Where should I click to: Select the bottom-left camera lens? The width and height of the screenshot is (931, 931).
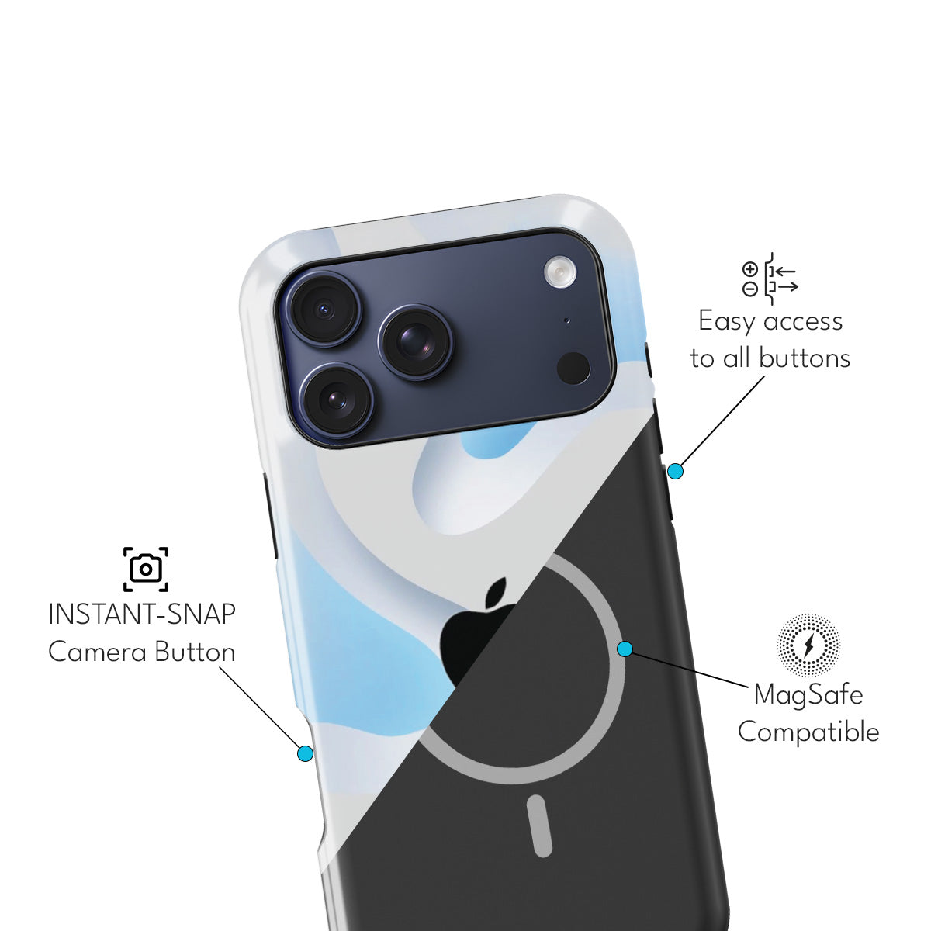pos(337,400)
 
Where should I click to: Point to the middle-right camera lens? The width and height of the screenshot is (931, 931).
pos(417,341)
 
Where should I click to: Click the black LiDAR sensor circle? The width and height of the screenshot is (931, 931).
pos(574,368)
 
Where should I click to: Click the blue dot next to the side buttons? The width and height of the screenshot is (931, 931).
pos(675,471)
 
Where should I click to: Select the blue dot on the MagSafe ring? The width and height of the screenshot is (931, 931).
pos(625,649)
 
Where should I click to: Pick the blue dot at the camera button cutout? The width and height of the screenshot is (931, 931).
pos(305,753)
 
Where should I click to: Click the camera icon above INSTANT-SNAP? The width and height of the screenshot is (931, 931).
pos(146,569)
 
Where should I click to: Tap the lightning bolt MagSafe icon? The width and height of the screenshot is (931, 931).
pos(808,645)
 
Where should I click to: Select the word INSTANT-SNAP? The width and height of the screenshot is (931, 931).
pos(142,614)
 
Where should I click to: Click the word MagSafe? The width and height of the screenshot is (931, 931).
pos(808,694)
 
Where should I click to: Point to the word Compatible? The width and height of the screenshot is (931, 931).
pos(808,732)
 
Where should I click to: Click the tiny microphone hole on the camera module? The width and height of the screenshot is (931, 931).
pos(567,320)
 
